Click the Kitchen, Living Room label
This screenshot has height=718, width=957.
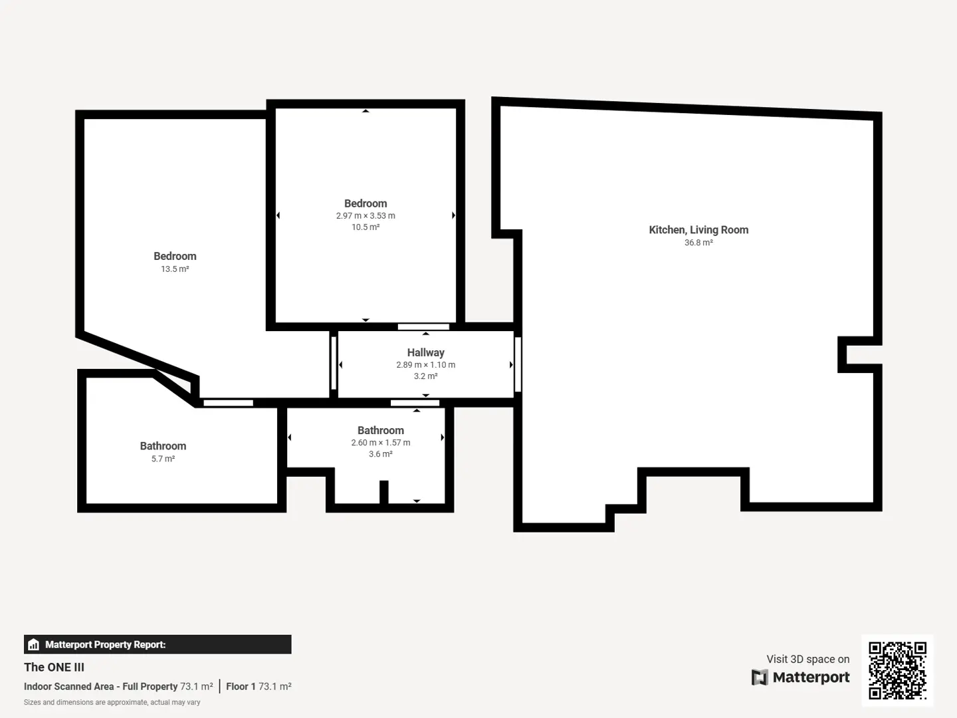tap(698, 230)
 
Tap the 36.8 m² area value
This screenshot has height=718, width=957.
tap(698, 243)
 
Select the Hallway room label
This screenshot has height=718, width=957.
tap(425, 352)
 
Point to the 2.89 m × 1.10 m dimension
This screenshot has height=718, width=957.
tap(425, 364)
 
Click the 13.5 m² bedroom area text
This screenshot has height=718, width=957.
tap(175, 269)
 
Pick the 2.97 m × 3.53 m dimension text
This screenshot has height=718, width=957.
tap(366, 215)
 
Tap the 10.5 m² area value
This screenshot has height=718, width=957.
tap(366, 227)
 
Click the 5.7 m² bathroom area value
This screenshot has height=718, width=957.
tap(163, 459)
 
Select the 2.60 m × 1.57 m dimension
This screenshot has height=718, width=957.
tap(381, 443)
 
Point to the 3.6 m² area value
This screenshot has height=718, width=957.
tap(381, 454)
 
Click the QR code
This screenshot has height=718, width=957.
tap(897, 670)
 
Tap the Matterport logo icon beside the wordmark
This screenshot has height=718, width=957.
tap(760, 677)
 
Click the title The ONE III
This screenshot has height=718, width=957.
tap(54, 667)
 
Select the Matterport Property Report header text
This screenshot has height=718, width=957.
tap(106, 644)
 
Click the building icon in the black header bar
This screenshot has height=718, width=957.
tap(34, 644)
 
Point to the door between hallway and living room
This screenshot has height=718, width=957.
tap(518, 364)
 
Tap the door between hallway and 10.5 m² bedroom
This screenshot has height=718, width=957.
tap(423, 327)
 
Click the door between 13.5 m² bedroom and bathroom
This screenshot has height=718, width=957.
tap(229, 404)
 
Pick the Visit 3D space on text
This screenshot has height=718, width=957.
tap(808, 659)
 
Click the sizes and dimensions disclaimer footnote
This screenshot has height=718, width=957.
tap(112, 702)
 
